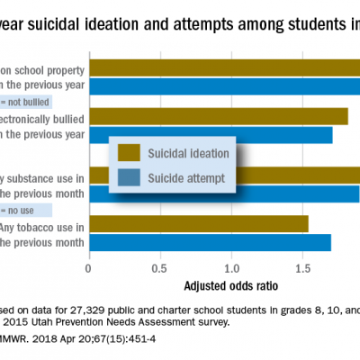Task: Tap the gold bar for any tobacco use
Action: pos(198,223)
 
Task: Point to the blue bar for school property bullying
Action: pos(225,86)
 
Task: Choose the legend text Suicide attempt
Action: pos(189,177)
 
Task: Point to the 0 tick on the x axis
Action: pos(88,268)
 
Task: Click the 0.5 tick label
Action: pos(159,268)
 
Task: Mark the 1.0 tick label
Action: pos(231,268)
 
